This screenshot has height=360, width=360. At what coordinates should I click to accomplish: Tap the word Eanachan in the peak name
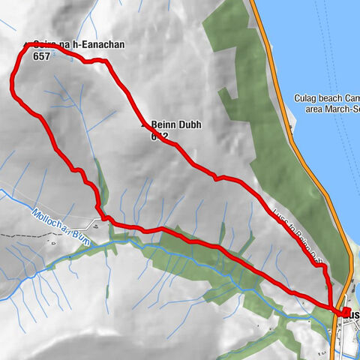click(103, 45)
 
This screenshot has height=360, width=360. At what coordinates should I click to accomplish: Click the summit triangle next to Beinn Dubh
click(145, 125)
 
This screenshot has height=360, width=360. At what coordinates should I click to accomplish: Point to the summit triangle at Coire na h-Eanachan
click(28, 44)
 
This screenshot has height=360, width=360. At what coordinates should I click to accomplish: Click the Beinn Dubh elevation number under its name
click(158, 136)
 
